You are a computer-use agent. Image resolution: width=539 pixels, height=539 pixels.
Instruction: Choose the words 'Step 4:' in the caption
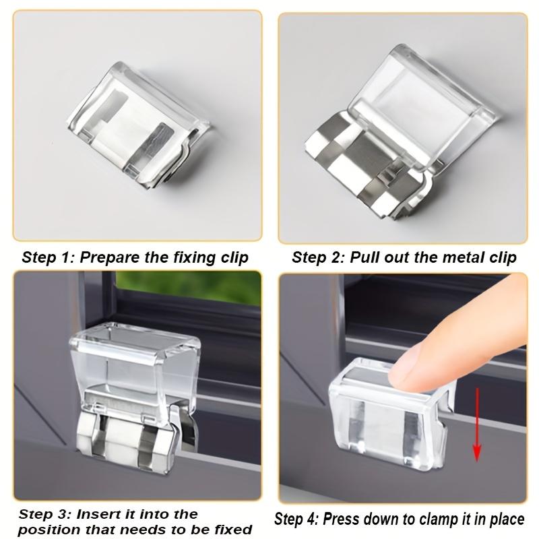[x=297, y=519]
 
